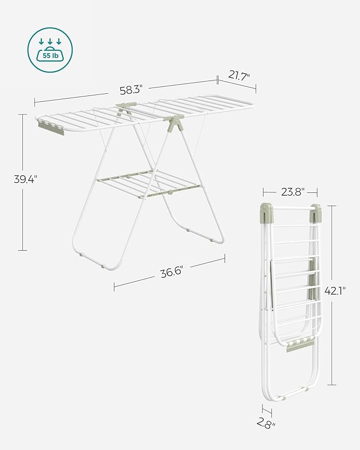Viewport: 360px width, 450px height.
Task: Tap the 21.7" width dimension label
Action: tap(239, 75)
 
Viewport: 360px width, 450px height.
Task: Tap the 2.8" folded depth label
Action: tap(267, 422)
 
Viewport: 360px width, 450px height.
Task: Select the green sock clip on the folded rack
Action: tap(297, 346)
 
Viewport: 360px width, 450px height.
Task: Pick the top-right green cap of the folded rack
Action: tap(316, 211)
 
